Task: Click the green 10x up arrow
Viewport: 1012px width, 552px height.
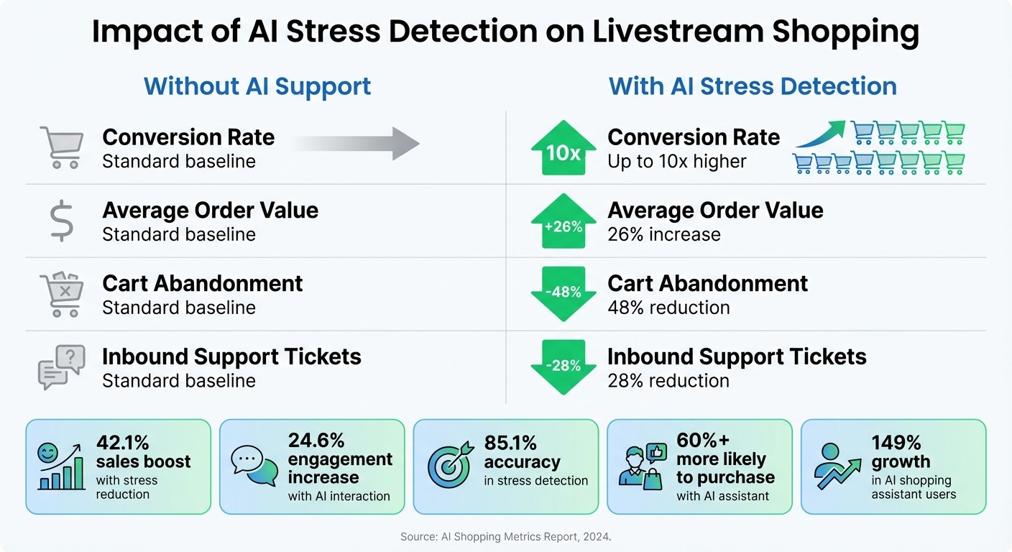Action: point(563,148)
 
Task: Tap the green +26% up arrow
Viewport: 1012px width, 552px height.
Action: point(563,222)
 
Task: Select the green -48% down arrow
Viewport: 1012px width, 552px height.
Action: point(563,294)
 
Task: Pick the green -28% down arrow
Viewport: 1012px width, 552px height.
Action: point(563,367)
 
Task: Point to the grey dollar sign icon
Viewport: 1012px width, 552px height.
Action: point(60,221)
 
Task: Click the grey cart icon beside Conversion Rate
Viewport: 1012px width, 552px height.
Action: point(60,147)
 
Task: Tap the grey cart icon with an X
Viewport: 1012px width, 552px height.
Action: point(61,295)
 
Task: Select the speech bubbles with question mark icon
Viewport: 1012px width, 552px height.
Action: point(62,367)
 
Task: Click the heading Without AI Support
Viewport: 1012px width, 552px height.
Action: point(257,86)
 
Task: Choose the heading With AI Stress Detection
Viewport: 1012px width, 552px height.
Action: point(753,86)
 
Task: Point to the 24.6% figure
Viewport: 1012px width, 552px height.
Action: point(316,440)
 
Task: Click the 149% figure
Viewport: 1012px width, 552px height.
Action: point(896,443)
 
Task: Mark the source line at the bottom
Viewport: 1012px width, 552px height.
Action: point(505,537)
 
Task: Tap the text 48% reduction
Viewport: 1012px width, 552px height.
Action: point(668,308)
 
